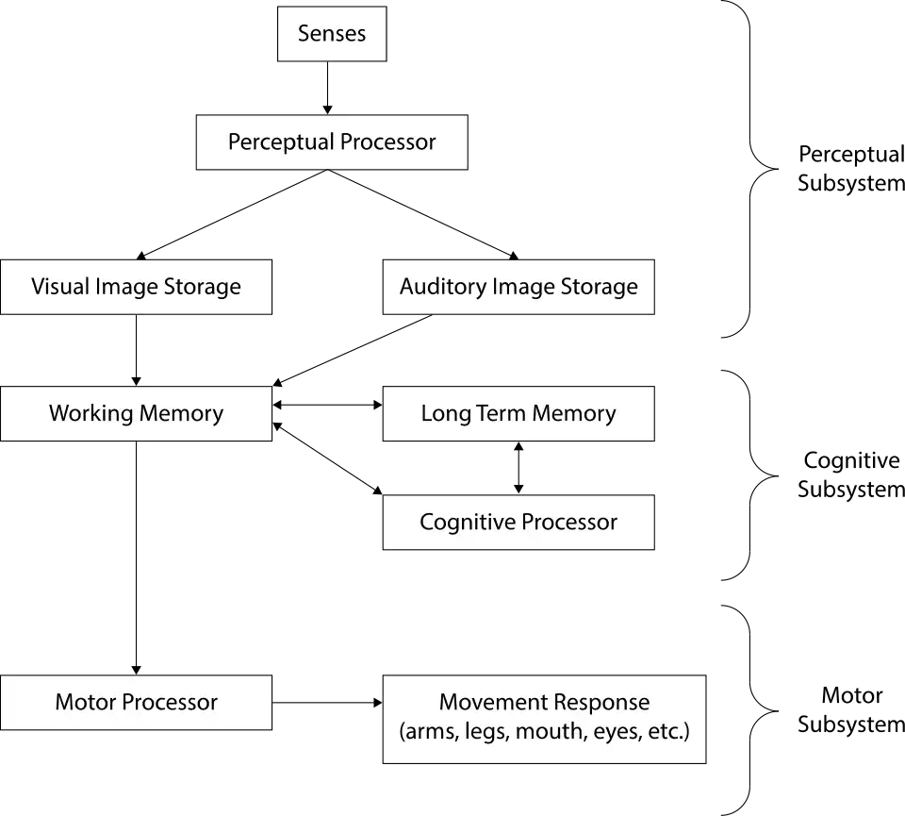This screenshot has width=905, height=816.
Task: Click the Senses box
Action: (x=332, y=34)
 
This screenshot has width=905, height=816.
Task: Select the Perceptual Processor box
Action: (x=332, y=142)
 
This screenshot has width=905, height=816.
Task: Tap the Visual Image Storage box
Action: (x=136, y=287)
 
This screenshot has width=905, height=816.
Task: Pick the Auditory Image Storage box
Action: (x=518, y=287)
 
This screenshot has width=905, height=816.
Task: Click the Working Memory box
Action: (x=136, y=413)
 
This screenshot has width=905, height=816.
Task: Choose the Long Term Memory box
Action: (x=518, y=413)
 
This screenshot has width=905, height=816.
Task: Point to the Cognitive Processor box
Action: (x=518, y=522)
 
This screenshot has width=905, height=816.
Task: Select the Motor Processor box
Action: (x=136, y=703)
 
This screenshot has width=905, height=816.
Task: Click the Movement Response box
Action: (x=544, y=720)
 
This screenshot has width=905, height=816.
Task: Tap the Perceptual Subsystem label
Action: (x=850, y=169)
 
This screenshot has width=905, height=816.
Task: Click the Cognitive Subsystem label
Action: (x=850, y=475)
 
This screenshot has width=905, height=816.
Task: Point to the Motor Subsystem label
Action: (x=850, y=709)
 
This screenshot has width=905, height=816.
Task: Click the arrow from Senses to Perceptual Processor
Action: (x=327, y=88)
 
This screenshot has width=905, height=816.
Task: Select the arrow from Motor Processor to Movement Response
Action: (x=327, y=703)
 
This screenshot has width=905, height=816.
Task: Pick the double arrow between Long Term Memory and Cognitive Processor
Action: (x=518, y=468)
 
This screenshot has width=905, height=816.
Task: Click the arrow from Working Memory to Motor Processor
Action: (x=136, y=558)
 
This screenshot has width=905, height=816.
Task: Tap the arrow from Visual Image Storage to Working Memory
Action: (x=136, y=351)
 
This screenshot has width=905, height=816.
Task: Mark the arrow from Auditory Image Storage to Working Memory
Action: (x=353, y=350)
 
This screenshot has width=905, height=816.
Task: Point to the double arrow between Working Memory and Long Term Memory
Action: (x=327, y=405)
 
